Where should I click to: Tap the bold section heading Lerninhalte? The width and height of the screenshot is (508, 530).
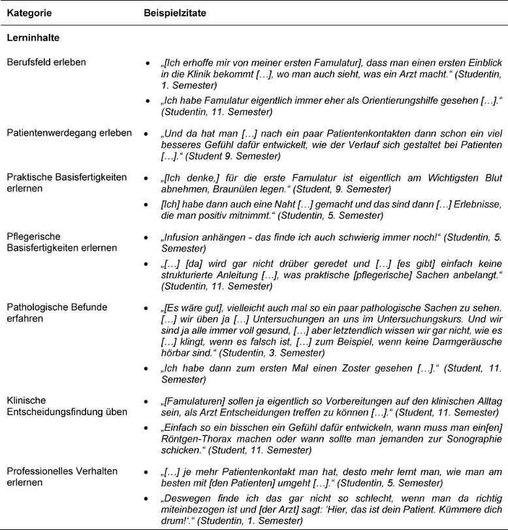click(x=33, y=38)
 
